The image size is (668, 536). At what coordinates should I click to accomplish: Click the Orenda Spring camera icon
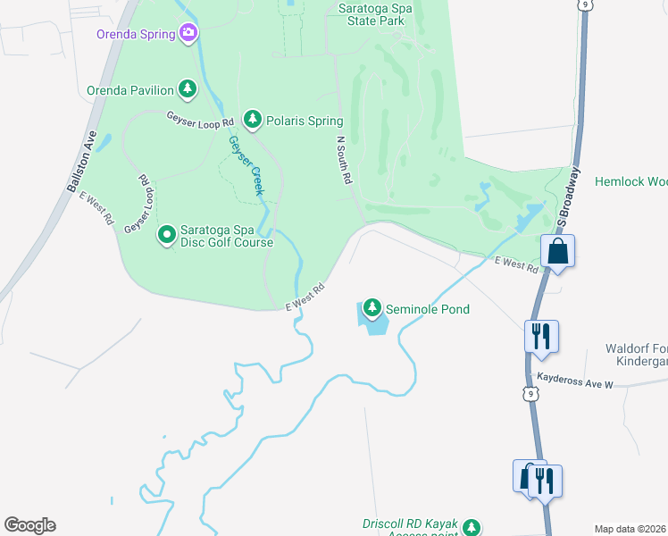(x=188, y=34)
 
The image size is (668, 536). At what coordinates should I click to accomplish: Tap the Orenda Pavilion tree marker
(x=187, y=88)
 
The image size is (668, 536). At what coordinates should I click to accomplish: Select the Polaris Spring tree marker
(x=253, y=119)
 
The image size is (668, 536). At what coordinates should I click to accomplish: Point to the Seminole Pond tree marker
(x=372, y=308)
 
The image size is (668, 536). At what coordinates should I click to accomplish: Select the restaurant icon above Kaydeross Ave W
(x=542, y=337)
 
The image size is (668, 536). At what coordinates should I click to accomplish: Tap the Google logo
(x=29, y=525)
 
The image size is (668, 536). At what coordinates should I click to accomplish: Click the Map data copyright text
(x=630, y=529)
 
